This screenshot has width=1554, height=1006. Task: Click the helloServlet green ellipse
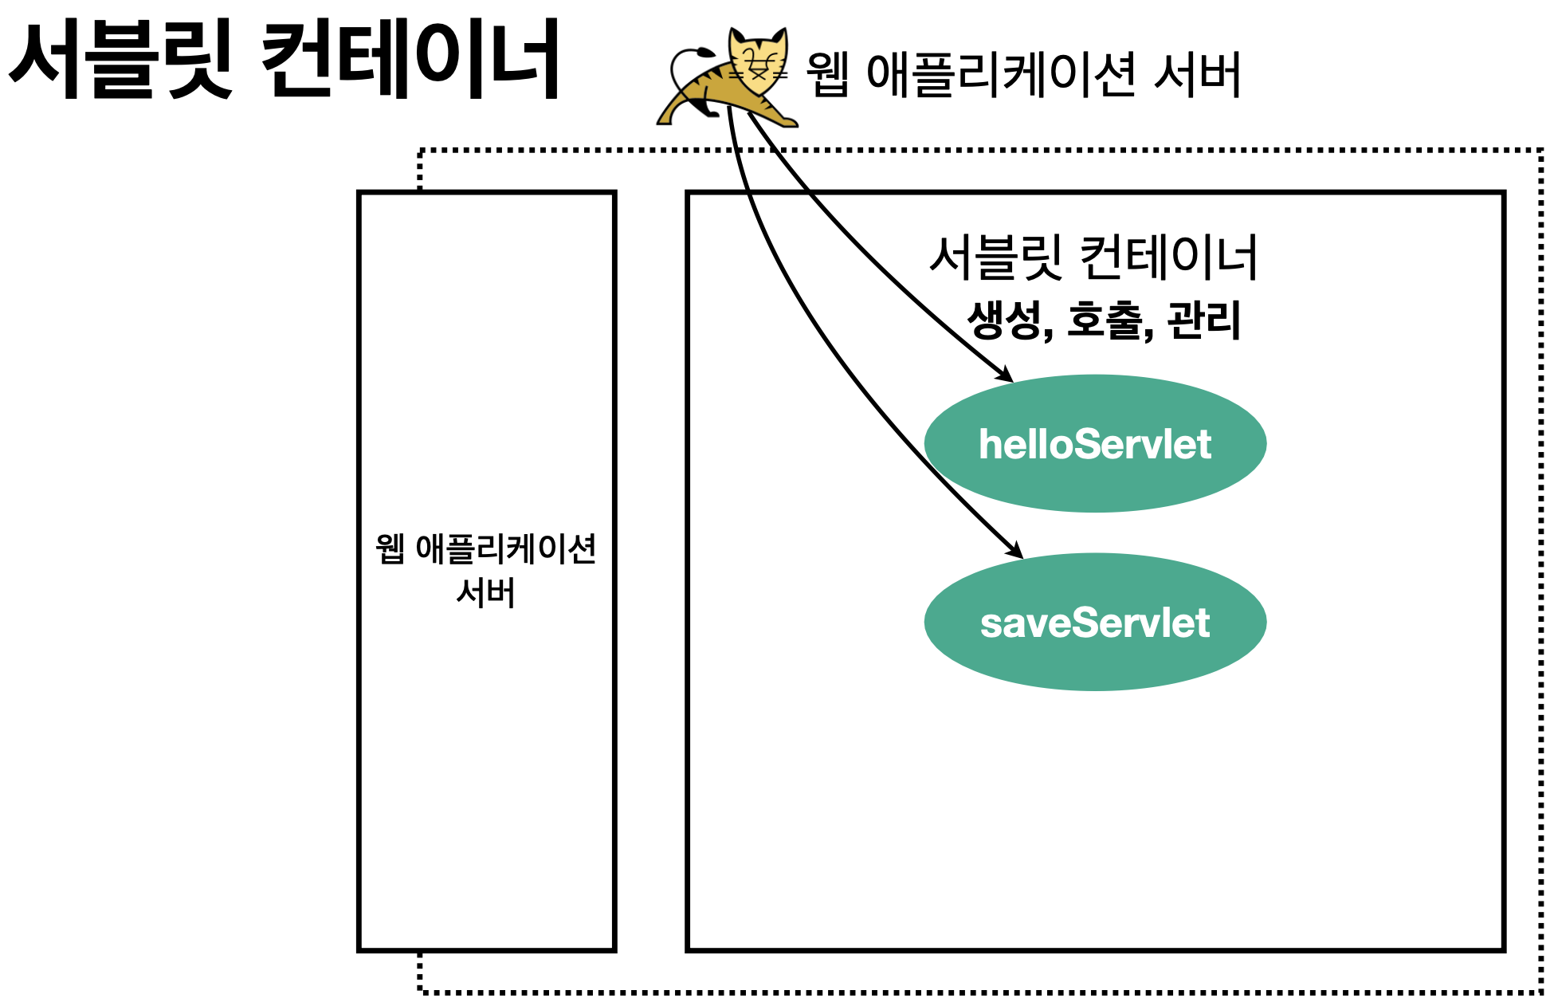pos(1095,443)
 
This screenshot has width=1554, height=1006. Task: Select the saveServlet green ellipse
pos(1095,622)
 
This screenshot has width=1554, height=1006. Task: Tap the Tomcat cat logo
pos(727,80)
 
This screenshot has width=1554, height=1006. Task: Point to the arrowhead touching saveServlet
pos(1017,552)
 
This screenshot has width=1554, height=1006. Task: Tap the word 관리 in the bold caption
pos(1203,320)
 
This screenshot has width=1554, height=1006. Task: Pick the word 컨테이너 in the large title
pos(411,60)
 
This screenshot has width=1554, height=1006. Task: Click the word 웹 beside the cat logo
pos(827,75)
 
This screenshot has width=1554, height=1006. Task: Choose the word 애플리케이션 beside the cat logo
pos(1001,75)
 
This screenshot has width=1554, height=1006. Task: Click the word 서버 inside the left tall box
pos(485,592)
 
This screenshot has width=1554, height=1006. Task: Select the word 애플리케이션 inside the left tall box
pos(506,548)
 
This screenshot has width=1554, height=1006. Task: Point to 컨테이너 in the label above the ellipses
pos(1168,257)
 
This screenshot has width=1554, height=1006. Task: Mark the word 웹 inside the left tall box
pos(390,548)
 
